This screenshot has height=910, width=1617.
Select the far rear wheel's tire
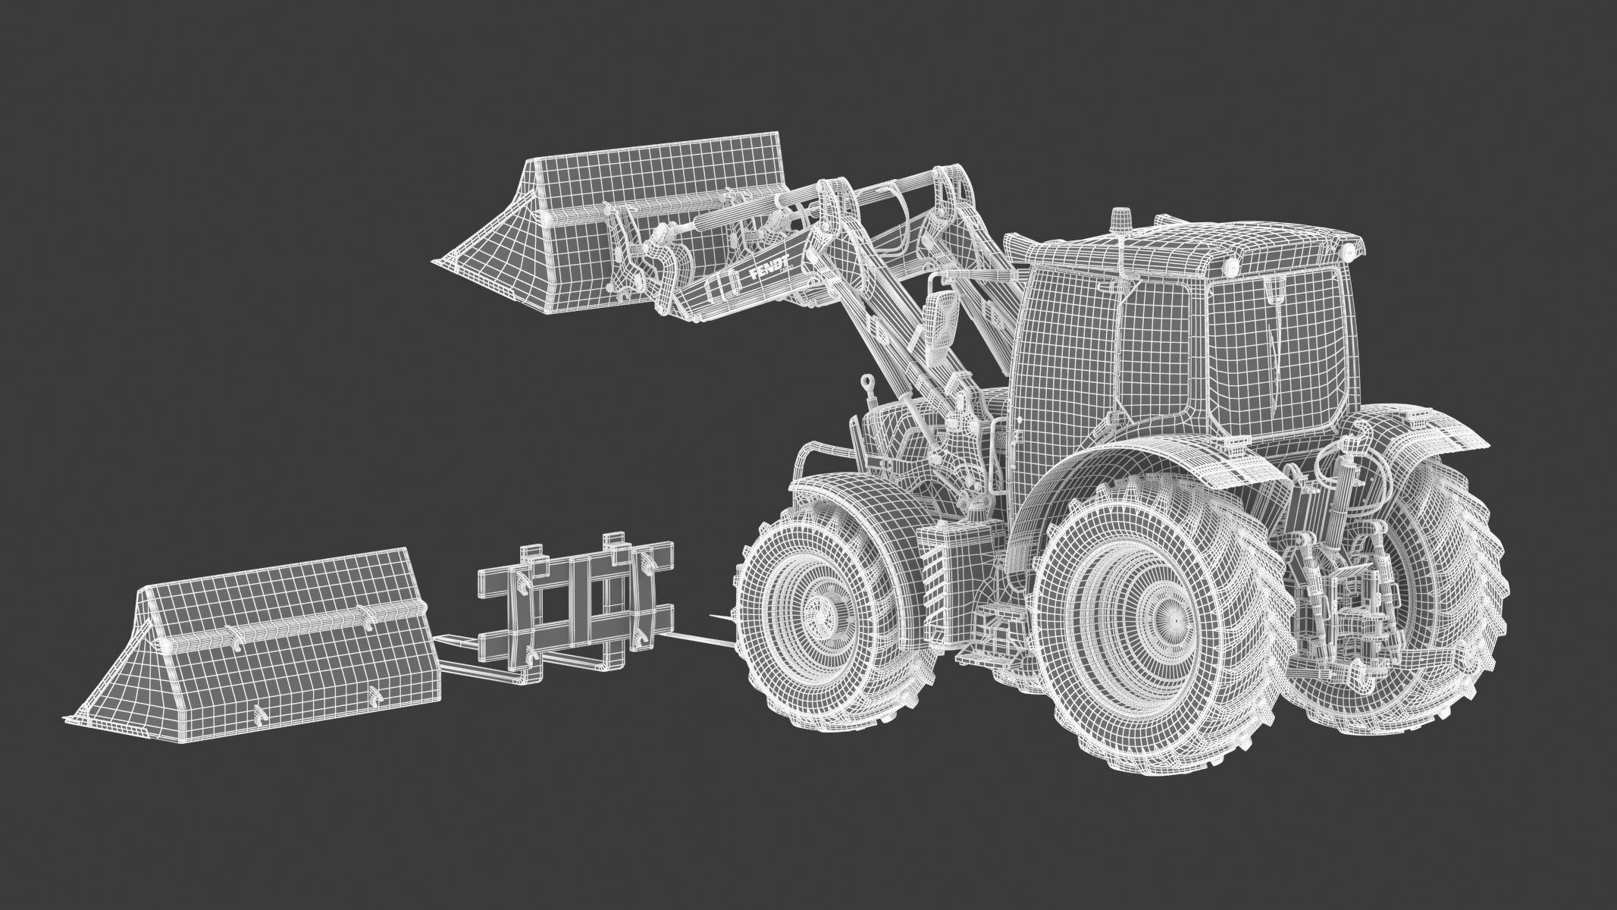pyautogui.click(x=1440, y=607)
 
